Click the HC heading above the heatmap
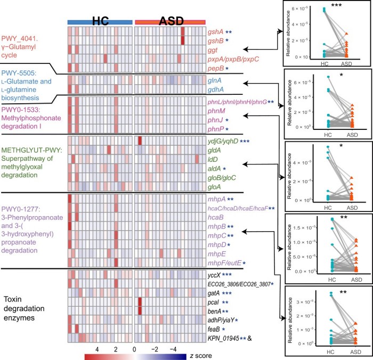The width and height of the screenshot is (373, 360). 100,21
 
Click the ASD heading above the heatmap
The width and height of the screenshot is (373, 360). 170,21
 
